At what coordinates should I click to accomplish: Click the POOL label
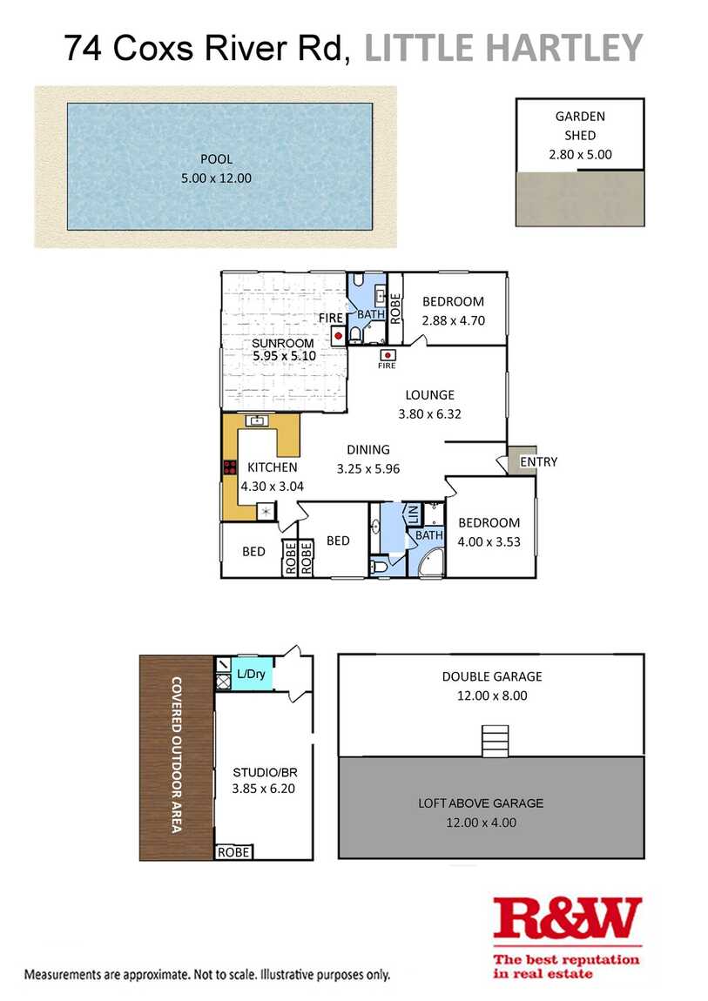tap(217, 159)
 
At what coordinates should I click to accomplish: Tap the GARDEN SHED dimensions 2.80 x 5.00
tap(580, 154)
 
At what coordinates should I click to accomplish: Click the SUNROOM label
tap(283, 343)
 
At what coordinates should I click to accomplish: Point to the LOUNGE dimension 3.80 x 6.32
tap(429, 413)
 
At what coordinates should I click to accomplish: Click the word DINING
tap(368, 449)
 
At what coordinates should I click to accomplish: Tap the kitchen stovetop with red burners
tap(230, 467)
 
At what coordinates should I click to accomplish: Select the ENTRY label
tap(539, 461)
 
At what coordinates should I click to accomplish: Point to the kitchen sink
tap(258, 420)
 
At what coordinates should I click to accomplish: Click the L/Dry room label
tap(251, 674)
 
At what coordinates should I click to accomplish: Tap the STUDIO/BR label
tap(265, 772)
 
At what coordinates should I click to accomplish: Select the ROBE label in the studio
tap(233, 852)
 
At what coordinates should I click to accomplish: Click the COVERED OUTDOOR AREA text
tap(177, 755)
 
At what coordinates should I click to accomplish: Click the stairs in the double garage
tap(496, 741)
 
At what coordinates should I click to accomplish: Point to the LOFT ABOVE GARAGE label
tap(481, 803)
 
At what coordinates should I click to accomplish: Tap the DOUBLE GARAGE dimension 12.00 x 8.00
tap(492, 695)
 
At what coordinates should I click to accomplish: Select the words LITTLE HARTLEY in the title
tap(503, 48)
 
